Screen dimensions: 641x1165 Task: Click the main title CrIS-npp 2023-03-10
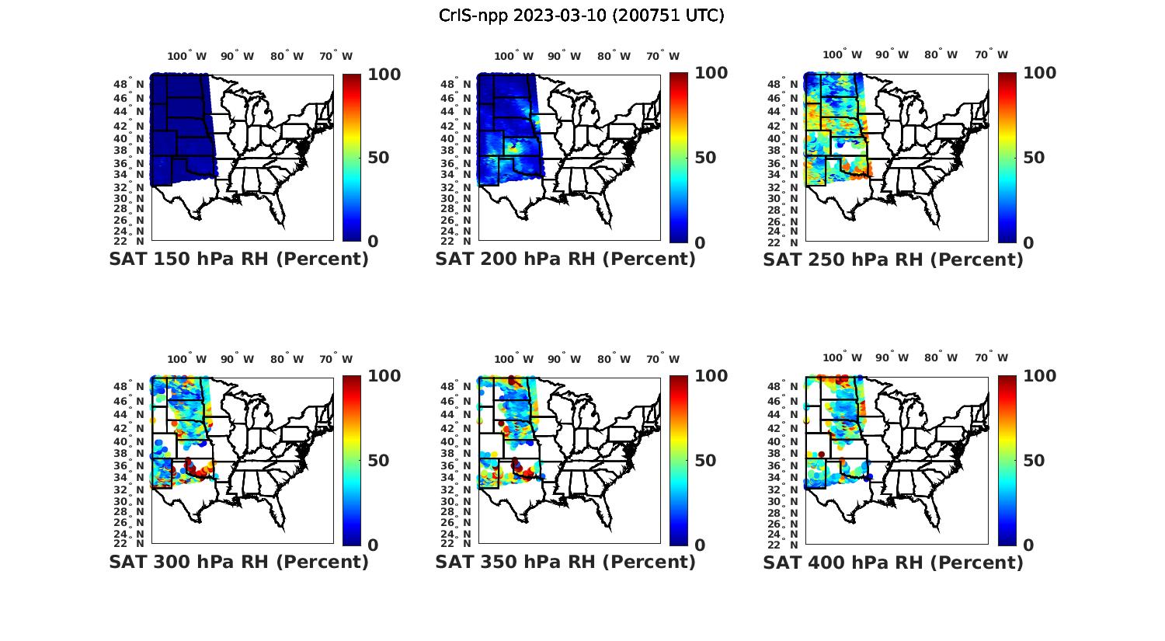pyautogui.click(x=581, y=15)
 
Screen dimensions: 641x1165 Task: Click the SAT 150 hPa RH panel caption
pyautogui.click(x=238, y=259)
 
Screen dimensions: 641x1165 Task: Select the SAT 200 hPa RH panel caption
pyautogui.click(x=565, y=259)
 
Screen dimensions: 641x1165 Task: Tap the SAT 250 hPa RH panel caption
pyautogui.click(x=893, y=259)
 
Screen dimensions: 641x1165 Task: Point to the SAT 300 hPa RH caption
pyautogui.click(x=238, y=561)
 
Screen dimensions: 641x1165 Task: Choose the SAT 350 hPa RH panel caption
pyautogui.click(x=565, y=561)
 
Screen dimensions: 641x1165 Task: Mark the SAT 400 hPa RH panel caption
pyautogui.click(x=893, y=561)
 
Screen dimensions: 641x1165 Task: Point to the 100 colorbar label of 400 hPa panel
pyautogui.click(x=1041, y=376)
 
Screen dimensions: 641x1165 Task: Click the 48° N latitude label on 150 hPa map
pyautogui.click(x=129, y=84)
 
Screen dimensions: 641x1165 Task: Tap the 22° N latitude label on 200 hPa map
pyautogui.click(x=456, y=241)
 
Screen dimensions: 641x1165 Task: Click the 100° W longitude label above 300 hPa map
pyautogui.click(x=186, y=359)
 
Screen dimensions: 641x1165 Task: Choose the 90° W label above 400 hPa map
pyautogui.click(x=892, y=358)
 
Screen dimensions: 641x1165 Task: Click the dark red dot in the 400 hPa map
pyautogui.click(x=821, y=454)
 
